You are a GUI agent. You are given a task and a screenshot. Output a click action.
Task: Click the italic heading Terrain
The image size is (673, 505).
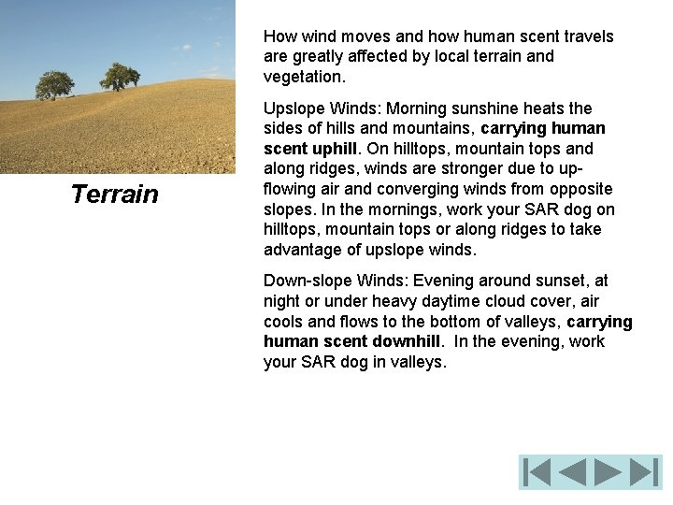click(x=115, y=195)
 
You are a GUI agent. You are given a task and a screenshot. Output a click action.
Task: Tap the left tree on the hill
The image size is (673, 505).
click(x=54, y=84)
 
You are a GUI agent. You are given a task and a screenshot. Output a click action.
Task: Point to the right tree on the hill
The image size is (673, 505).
click(x=120, y=76)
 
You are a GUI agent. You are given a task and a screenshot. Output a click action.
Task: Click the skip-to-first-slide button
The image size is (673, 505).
click(x=537, y=472)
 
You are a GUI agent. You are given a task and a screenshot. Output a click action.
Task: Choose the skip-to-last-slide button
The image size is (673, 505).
click(x=644, y=472)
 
